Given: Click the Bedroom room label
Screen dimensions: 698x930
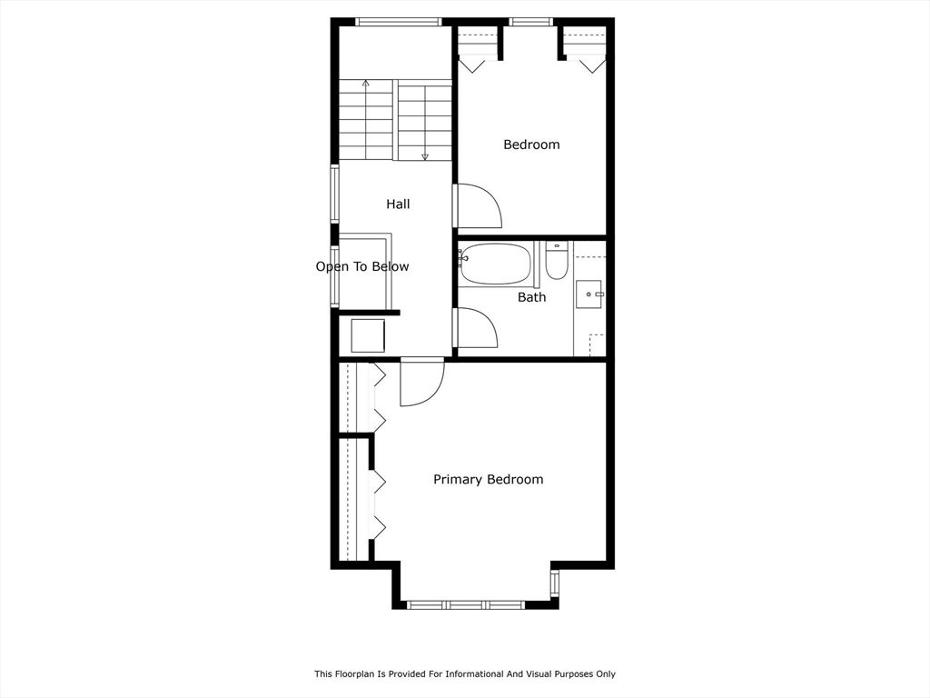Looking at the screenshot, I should click(531, 145).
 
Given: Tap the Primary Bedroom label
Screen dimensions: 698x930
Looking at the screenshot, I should click(488, 480).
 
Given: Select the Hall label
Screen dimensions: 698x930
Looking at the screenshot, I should click(398, 204).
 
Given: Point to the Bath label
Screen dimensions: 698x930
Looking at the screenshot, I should click(531, 297).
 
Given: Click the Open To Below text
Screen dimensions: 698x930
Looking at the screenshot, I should click(361, 267).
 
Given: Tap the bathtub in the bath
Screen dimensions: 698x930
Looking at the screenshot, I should click(495, 264).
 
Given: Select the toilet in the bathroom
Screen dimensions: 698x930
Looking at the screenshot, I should click(557, 261).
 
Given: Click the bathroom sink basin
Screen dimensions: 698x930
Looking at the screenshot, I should click(589, 294).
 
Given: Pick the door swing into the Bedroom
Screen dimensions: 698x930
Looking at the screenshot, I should click(478, 206).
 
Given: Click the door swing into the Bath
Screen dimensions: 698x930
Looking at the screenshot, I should click(476, 328).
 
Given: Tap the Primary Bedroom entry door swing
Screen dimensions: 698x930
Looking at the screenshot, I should click(421, 382).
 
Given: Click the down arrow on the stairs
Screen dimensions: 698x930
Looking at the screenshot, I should click(424, 155).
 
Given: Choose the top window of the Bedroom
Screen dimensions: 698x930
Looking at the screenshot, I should click(530, 22).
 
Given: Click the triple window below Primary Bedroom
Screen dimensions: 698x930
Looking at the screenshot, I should click(465, 604).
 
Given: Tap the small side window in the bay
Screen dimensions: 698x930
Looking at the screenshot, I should click(554, 583).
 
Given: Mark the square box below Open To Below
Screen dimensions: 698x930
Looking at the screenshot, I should click(368, 335).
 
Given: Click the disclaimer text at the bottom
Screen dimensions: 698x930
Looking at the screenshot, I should click(464, 674).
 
